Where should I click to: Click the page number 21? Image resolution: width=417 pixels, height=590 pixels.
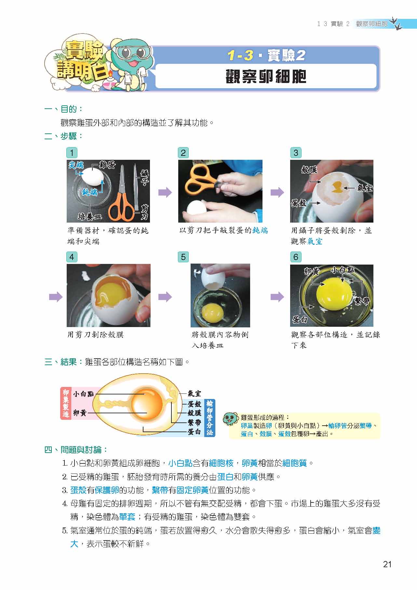tap(387, 564)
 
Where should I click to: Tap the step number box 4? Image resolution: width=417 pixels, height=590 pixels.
tap(72, 257)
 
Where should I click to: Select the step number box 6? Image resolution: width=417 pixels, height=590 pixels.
tap(295, 257)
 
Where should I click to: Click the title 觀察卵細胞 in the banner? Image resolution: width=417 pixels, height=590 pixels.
tap(266, 77)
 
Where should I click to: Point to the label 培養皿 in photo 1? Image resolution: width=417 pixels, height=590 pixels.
tap(90, 216)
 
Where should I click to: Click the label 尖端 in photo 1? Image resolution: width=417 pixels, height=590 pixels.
tap(76, 165)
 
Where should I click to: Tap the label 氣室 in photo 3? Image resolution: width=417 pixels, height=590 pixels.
tap(364, 188)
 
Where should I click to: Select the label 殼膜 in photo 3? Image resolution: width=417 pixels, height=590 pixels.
tap(309, 170)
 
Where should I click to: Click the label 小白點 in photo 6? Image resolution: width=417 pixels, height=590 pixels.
tap(343, 270)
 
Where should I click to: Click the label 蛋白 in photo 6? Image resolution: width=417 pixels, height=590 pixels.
tap(300, 320)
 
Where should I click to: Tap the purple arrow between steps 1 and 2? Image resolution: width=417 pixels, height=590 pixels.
tap(165, 192)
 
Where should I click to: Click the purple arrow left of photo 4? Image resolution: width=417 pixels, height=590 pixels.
tap(56, 296)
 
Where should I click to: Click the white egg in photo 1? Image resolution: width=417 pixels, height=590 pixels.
tap(93, 177)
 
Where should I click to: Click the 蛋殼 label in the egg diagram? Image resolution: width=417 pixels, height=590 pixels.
tap(194, 404)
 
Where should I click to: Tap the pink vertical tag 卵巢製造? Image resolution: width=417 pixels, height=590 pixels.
tap(66, 403)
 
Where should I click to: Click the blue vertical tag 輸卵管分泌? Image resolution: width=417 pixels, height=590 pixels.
tap(209, 418)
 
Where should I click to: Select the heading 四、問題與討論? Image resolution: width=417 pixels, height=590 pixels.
tap(76, 450)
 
